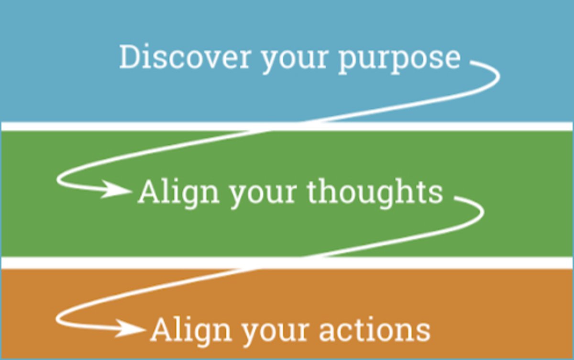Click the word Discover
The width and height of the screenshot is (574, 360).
185,56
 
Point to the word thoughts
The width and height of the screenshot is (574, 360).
375,192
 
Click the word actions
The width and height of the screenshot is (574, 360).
375,330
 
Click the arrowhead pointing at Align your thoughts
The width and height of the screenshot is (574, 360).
117,190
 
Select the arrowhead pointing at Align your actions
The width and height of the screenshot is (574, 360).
130,328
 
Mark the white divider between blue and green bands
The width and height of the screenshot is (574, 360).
287,126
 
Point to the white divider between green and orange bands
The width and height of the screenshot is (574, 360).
287,262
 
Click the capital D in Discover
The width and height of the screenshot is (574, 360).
130,56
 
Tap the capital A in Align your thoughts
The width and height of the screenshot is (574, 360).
150,192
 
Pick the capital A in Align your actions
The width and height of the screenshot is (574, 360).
162,330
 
